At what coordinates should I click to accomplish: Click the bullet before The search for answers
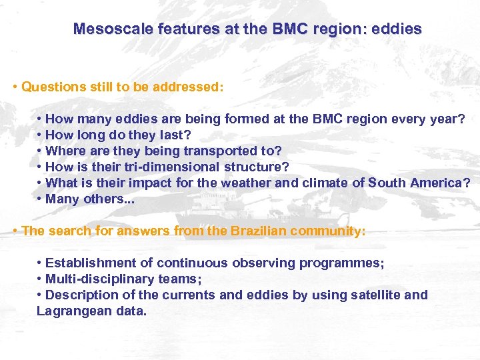[x=15, y=231]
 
